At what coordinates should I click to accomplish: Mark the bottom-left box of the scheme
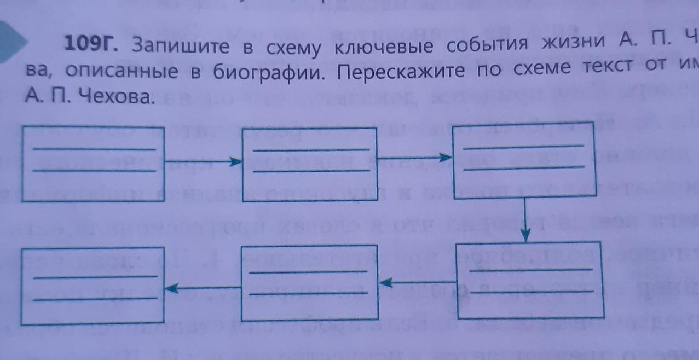(x=93, y=286)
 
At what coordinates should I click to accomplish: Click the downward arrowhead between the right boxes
(x=525, y=234)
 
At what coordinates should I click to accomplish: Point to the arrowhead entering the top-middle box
(x=236, y=161)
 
